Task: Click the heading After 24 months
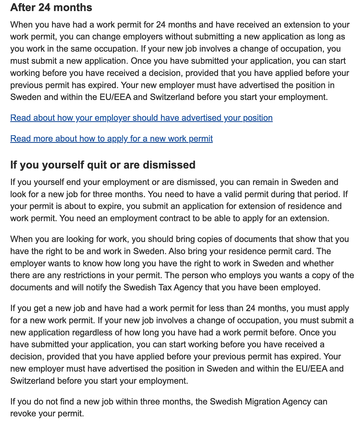tap(51, 8)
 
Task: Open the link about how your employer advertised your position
tap(141, 118)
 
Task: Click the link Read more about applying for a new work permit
tap(111, 139)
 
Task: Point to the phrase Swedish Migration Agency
tap(261, 402)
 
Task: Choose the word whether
tap(318, 263)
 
